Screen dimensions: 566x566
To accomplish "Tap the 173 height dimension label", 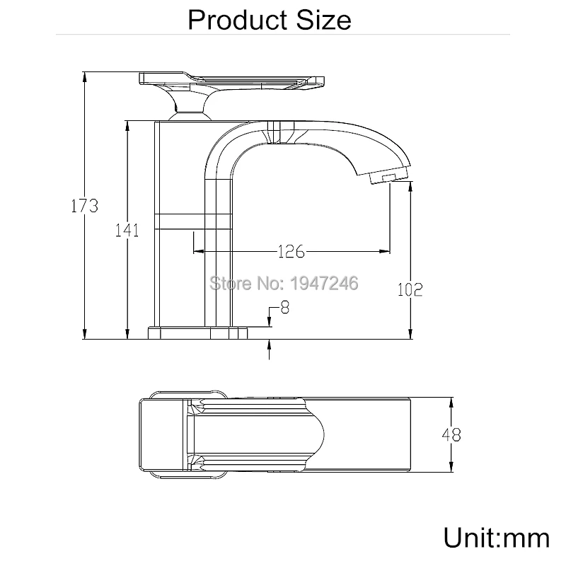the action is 84,206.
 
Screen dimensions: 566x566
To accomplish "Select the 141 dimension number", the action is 127,230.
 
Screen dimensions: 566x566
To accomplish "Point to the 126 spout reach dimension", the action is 291,251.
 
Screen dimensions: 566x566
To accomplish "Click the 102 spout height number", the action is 410,289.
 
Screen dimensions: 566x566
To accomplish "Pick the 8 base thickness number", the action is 285,307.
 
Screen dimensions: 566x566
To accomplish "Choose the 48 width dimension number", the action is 451,434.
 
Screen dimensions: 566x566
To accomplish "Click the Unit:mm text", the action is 497,538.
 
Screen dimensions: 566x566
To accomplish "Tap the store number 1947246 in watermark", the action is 324,283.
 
